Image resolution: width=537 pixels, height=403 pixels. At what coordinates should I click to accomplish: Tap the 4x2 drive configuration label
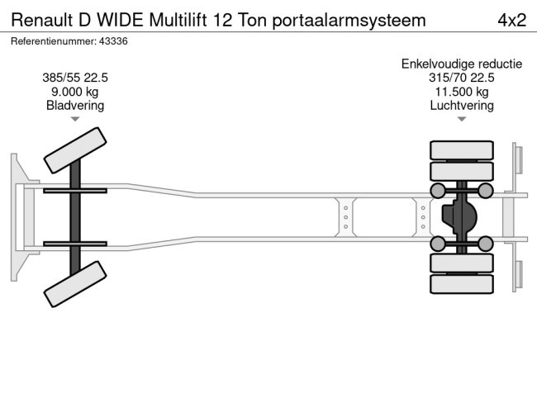511,20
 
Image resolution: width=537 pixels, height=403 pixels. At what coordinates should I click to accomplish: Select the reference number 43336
111,40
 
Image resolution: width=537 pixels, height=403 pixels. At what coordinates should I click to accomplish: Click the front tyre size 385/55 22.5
75,78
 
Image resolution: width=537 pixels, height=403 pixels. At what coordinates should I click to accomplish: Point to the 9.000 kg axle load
75,92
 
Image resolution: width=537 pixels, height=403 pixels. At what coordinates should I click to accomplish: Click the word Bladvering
75,105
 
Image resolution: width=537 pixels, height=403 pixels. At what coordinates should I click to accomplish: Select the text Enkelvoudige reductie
461,64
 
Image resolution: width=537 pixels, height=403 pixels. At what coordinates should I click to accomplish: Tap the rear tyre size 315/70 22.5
461,78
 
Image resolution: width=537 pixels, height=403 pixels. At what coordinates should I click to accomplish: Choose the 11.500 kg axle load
461,92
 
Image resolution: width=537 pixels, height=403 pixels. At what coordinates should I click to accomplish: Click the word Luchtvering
461,105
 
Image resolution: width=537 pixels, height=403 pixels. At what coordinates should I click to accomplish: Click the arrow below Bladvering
75,120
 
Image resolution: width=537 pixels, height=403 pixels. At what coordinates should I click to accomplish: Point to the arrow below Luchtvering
461,120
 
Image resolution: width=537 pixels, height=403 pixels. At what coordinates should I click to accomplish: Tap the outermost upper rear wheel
461,150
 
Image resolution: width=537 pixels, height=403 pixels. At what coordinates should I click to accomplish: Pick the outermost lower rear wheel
461,284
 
